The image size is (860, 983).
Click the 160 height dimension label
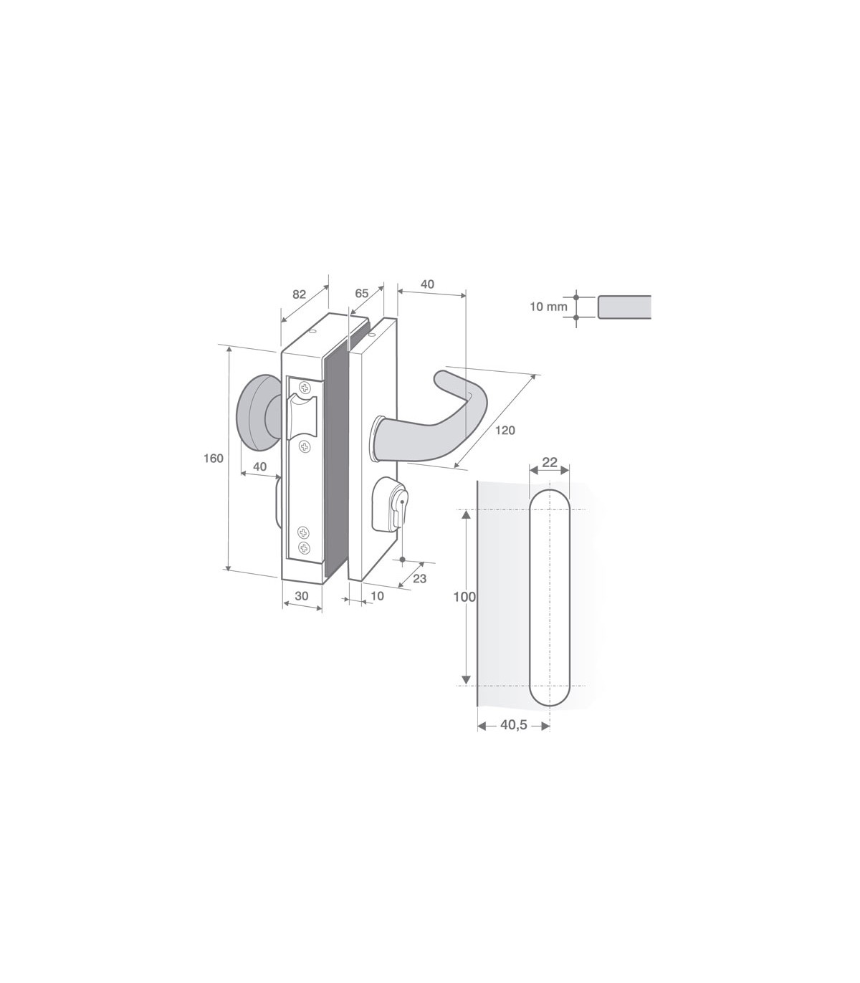[x=214, y=459]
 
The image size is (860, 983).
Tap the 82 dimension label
[x=300, y=294]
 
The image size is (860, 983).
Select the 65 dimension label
[x=361, y=293]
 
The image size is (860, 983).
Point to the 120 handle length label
[x=505, y=430]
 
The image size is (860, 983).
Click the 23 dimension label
[x=419, y=578]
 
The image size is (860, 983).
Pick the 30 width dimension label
[x=301, y=596]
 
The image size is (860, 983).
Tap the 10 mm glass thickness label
[x=548, y=306]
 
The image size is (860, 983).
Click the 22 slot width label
[x=550, y=462]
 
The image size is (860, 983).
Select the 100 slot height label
[x=464, y=598]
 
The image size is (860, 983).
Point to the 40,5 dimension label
[x=514, y=725]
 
